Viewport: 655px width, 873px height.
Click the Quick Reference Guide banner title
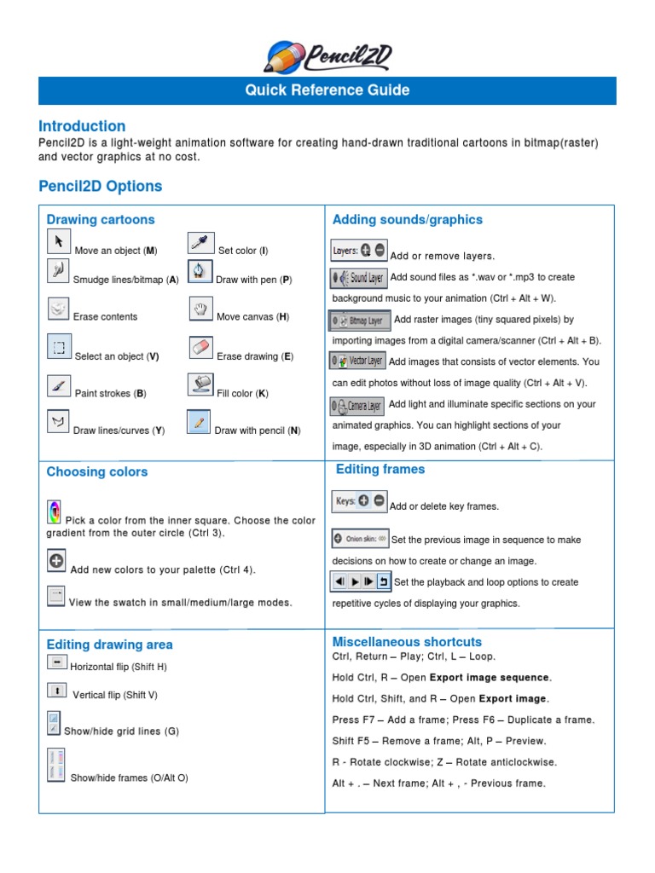point(327,90)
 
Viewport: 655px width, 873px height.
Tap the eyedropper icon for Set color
point(200,243)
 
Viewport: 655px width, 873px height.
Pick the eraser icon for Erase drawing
point(200,348)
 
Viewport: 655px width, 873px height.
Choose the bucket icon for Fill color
point(200,385)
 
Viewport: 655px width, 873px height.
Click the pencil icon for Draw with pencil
point(199,423)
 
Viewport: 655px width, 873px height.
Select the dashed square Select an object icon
point(59,347)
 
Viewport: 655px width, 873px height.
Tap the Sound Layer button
point(358,278)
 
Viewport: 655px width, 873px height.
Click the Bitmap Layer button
point(361,321)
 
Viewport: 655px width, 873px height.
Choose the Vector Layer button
point(357,361)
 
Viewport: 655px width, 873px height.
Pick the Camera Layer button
point(357,406)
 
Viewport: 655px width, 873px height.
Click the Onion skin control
point(360,539)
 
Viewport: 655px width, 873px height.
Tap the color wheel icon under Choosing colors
point(54,512)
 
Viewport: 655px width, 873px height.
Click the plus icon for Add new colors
point(56,561)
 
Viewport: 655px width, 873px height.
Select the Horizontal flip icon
point(56,662)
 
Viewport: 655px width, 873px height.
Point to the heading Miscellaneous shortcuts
point(407,641)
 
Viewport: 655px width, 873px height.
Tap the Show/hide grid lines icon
point(54,723)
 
